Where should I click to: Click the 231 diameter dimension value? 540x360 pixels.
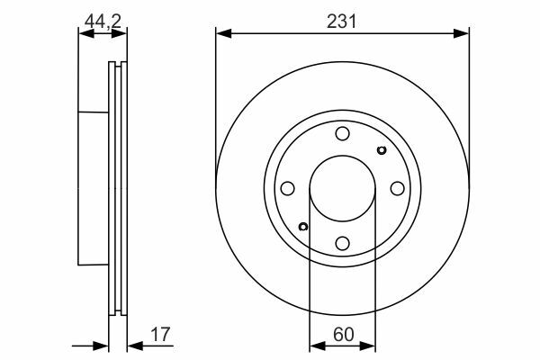point(342,22)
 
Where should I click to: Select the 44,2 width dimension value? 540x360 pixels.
point(103,22)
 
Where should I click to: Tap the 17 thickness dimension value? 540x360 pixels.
point(160,335)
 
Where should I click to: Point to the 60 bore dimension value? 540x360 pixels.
point(344,335)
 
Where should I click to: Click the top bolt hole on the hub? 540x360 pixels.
point(342,134)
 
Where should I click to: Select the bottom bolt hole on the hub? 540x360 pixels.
point(342,244)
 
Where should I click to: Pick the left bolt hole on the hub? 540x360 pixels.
point(288,188)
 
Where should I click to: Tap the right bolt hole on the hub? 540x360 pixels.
point(398,188)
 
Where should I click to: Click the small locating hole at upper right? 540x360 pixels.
point(382,150)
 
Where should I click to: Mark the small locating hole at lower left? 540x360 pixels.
point(303,227)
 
